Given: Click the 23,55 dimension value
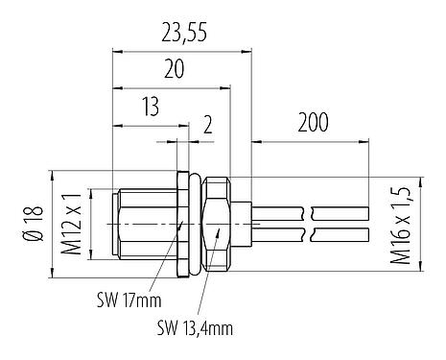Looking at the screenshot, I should (x=184, y=36).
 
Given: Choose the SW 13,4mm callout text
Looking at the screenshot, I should (x=195, y=328).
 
